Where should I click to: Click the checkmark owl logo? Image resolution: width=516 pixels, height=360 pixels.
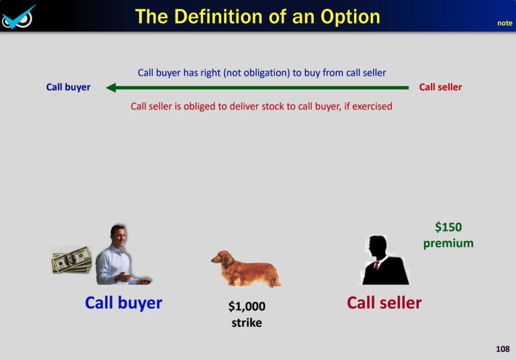[18, 17]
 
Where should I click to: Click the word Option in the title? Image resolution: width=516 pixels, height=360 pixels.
[350, 17]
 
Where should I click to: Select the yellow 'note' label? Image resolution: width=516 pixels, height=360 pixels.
[504, 23]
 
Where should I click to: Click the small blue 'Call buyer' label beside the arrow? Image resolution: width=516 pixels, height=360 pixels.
[68, 87]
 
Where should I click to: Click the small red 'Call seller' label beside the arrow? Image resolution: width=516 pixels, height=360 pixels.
[440, 87]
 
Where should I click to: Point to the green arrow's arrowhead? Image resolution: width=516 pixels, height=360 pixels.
[111, 88]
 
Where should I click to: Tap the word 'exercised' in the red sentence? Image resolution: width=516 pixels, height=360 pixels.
[372, 106]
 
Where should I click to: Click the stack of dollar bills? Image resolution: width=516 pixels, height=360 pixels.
[72, 260]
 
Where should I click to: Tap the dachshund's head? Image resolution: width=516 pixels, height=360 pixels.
[221, 257]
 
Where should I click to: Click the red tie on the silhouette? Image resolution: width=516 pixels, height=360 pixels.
[376, 265]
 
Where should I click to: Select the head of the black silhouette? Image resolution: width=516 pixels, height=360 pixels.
[377, 247]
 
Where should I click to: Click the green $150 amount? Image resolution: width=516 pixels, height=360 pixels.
[448, 227]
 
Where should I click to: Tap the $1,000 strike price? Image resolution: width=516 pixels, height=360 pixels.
[247, 307]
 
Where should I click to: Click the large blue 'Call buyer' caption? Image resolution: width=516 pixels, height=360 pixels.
[123, 303]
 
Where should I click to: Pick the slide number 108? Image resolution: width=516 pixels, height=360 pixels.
[503, 349]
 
